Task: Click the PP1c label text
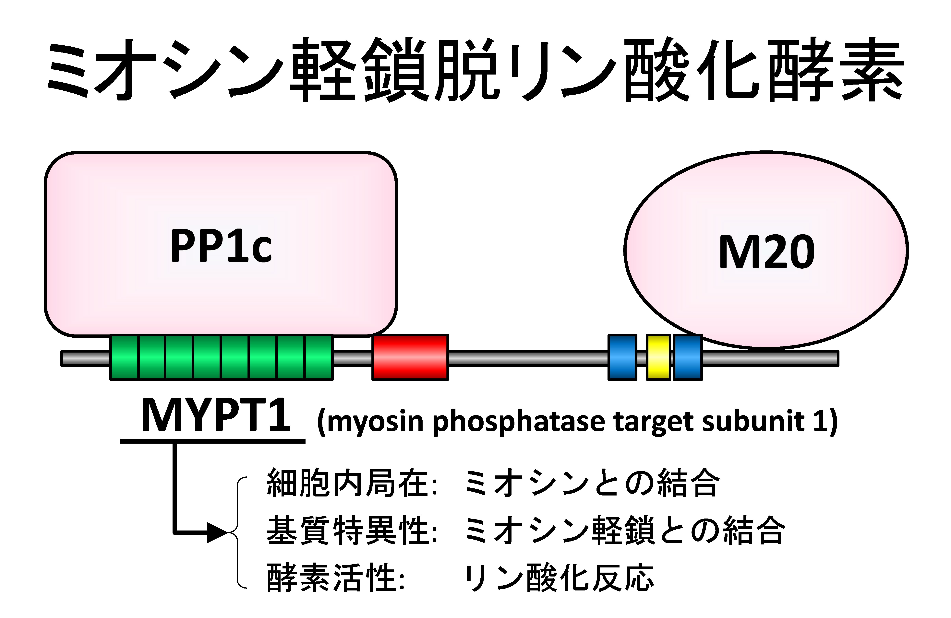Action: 221,246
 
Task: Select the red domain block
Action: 410,357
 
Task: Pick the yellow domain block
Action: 658,357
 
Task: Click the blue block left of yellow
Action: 622,357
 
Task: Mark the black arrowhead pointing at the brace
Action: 218,532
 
